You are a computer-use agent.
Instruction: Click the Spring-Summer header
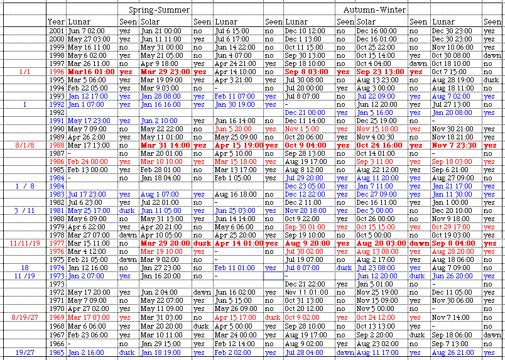(x=160, y=11)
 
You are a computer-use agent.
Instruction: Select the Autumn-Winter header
(x=374, y=11)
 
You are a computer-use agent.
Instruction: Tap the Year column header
(x=56, y=22)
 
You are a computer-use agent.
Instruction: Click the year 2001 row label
(x=57, y=30)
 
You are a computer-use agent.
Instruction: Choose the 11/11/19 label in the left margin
(x=24, y=243)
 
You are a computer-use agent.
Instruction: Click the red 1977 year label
(x=57, y=243)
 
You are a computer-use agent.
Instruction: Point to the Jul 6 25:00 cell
(x=84, y=202)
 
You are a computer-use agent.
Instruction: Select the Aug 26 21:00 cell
(x=452, y=354)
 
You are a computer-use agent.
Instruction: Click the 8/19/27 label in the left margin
(x=24, y=317)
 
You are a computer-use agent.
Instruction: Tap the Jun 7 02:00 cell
(x=85, y=30)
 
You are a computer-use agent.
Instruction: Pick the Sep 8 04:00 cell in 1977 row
(x=452, y=243)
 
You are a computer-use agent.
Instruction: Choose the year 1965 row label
(x=57, y=354)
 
